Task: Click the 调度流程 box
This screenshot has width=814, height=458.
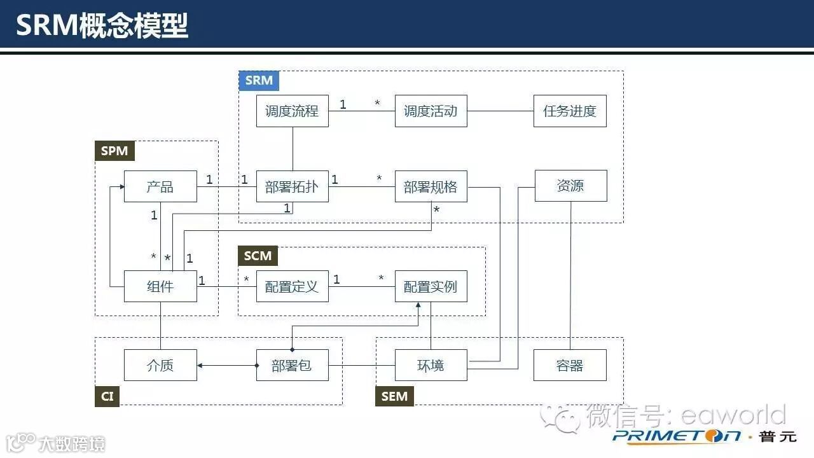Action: pyautogui.click(x=292, y=111)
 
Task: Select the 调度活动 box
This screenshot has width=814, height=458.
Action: pyautogui.click(x=431, y=111)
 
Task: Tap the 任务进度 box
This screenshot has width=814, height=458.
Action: pyautogui.click(x=570, y=111)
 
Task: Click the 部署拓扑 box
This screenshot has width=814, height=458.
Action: pyautogui.click(x=292, y=186)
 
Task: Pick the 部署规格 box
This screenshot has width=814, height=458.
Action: pyautogui.click(x=431, y=186)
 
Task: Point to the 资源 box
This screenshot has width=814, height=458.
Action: pyautogui.click(x=570, y=186)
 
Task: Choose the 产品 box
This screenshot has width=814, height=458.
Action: pyautogui.click(x=160, y=186)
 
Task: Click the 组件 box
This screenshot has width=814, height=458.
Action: pyautogui.click(x=160, y=286)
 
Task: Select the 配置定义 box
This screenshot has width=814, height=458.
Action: pyautogui.click(x=292, y=286)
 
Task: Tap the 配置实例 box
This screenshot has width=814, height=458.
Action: pyautogui.click(x=431, y=286)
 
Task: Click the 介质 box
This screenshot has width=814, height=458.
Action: pyautogui.click(x=160, y=365)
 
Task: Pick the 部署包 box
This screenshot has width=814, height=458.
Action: pyautogui.click(x=292, y=365)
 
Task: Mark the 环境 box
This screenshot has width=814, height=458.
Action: pyautogui.click(x=431, y=365)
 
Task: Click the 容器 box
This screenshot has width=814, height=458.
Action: pyautogui.click(x=570, y=365)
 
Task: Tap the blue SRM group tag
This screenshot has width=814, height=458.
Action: pyautogui.click(x=259, y=81)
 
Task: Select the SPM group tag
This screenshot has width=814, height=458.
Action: pyautogui.click(x=114, y=151)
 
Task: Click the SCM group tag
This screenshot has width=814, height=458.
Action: pyautogui.click(x=258, y=256)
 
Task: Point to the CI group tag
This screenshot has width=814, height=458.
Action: pyautogui.click(x=107, y=396)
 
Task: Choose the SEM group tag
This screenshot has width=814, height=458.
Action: pyautogui.click(x=394, y=396)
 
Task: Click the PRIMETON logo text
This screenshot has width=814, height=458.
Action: pyautogui.click(x=677, y=436)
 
